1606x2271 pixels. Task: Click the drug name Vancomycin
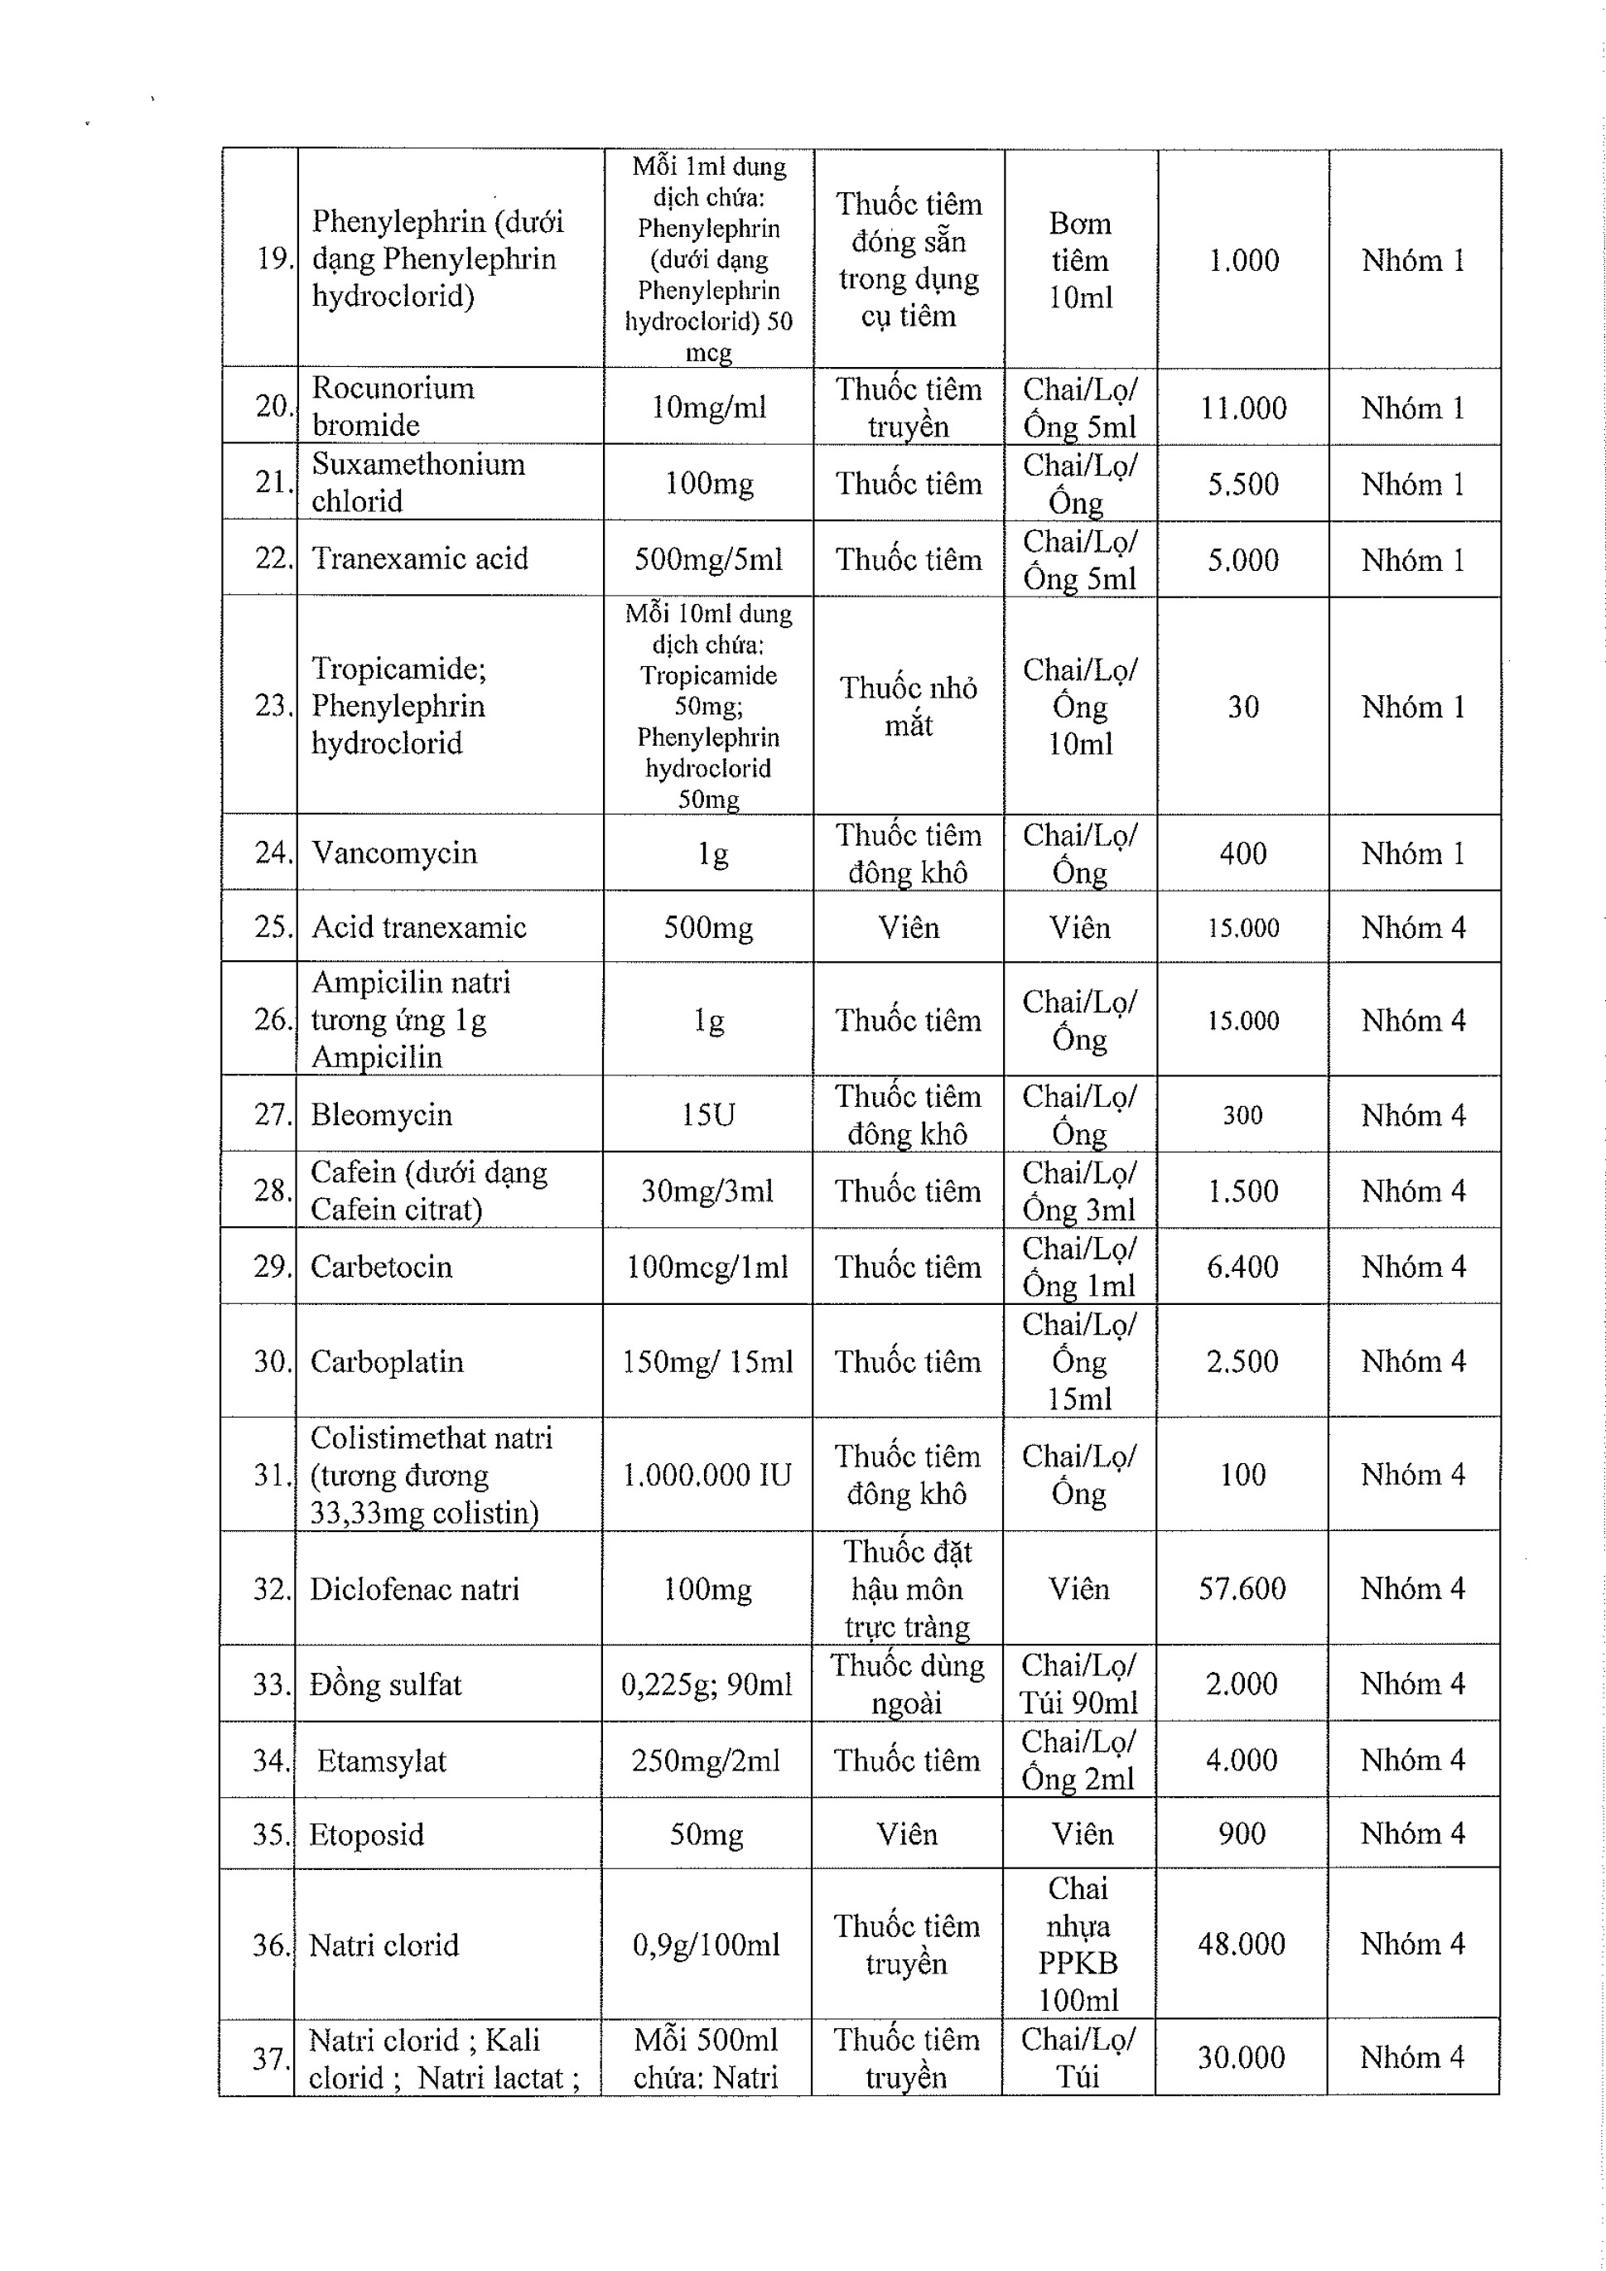tap(393, 853)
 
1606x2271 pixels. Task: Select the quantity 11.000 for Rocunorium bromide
tap(1243, 408)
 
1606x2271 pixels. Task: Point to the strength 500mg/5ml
tap(708, 560)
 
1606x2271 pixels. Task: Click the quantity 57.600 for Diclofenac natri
tap(1242, 1588)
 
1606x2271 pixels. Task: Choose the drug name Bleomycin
tap(381, 1114)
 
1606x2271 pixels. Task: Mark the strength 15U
tap(708, 1114)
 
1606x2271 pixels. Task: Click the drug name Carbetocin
tap(381, 1266)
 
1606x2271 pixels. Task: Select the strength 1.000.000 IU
tap(707, 1475)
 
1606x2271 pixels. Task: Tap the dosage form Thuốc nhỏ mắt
tap(908, 706)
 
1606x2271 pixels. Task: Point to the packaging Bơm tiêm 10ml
tap(1080, 260)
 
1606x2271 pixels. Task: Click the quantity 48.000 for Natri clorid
tap(1241, 1944)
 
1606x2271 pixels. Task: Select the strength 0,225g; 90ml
tap(706, 1684)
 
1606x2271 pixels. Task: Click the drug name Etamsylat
tap(382, 1760)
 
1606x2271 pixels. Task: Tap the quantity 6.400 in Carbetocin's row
tap(1242, 1266)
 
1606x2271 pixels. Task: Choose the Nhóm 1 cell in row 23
tap(1412, 706)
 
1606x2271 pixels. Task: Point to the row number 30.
tap(272, 1361)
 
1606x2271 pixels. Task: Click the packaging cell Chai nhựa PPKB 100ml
tap(1078, 1944)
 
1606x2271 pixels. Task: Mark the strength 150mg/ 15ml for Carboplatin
tap(707, 1361)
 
